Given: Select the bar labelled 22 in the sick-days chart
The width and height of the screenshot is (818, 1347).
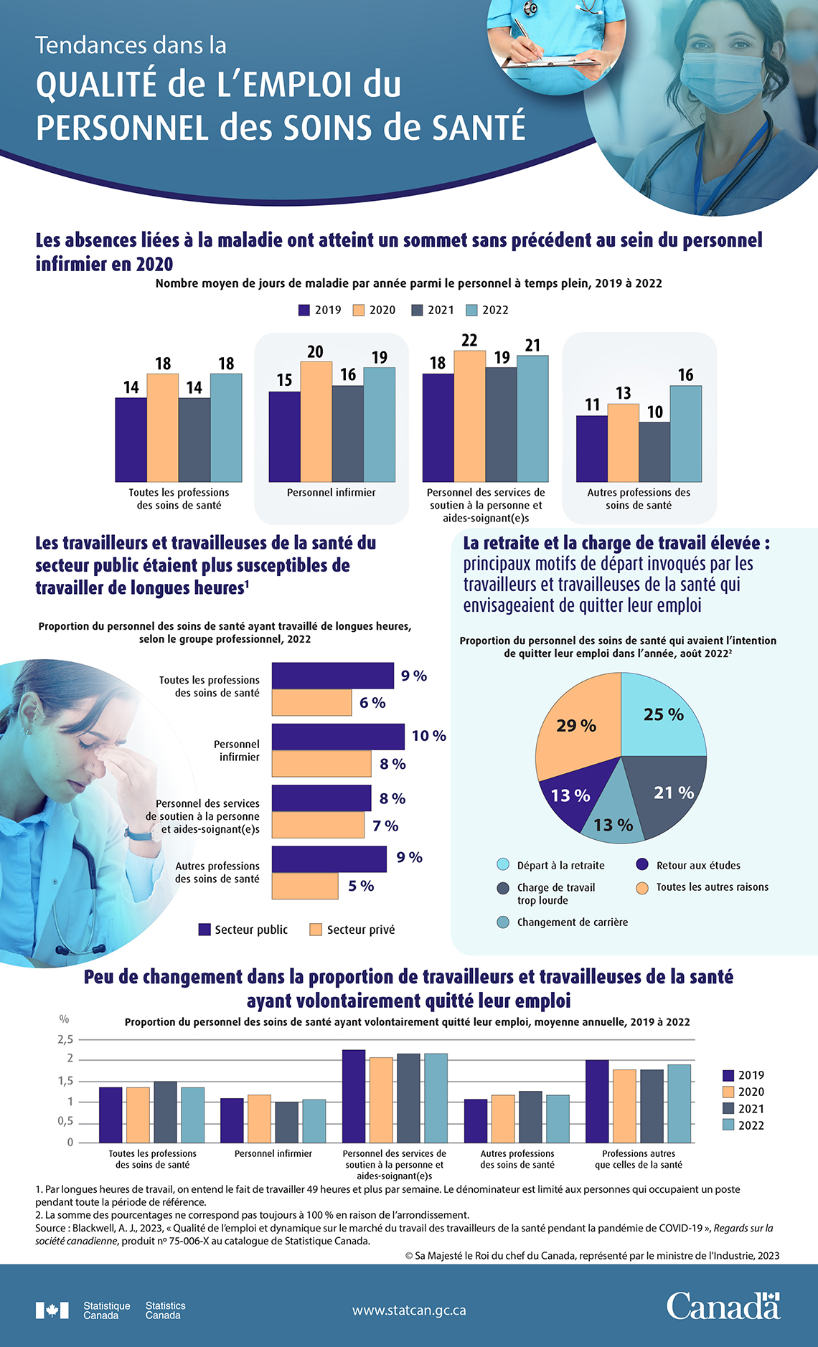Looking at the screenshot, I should [469, 416].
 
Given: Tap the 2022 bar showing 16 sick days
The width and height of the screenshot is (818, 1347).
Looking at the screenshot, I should [686, 433].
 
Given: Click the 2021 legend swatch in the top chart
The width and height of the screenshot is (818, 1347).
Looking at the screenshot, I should [418, 310].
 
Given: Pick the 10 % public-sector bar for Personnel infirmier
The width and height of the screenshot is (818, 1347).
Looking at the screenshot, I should [338, 737].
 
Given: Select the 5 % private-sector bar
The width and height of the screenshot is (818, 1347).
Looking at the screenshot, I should [305, 886].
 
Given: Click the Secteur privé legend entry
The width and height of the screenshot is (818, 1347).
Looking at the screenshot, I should [352, 930].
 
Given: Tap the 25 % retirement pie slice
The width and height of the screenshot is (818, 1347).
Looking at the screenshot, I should [660, 717].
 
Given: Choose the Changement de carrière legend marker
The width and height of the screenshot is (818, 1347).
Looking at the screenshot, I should [503, 922].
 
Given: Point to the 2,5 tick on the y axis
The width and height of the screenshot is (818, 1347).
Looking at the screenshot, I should [65, 1039].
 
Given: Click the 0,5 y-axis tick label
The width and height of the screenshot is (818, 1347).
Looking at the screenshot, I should [65, 1121].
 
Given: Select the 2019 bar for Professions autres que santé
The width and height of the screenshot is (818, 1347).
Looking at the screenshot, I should [597, 1101].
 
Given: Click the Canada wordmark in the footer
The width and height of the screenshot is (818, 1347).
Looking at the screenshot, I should [723, 1306].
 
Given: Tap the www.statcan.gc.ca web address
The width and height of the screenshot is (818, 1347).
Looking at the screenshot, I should [409, 1310].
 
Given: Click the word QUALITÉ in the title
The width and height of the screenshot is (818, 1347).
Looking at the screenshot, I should [96, 85].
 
